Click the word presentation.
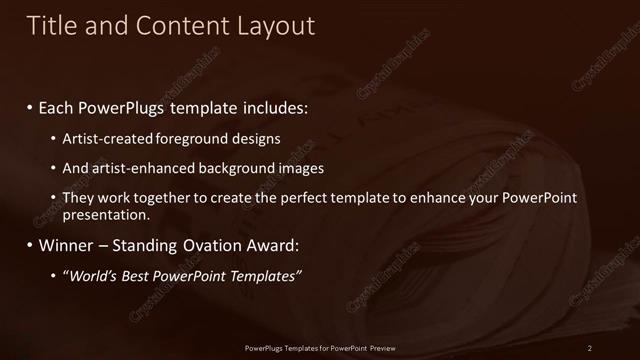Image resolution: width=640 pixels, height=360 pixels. point(106,214)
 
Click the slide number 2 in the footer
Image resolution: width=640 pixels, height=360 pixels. point(590,347)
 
